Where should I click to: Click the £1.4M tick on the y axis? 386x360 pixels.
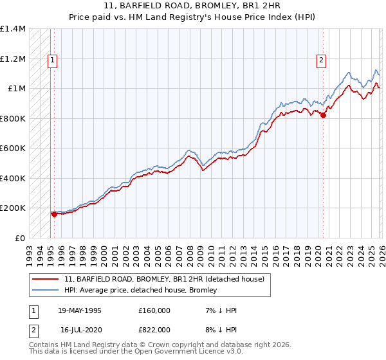(x=13, y=29)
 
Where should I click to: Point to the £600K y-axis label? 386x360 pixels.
(x=13, y=148)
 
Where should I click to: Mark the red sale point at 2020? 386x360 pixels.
(x=323, y=116)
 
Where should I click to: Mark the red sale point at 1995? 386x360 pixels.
(x=54, y=215)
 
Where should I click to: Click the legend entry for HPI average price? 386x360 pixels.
(x=141, y=290)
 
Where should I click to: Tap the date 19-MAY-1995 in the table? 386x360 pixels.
(x=80, y=310)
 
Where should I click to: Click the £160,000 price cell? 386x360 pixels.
(x=154, y=310)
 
